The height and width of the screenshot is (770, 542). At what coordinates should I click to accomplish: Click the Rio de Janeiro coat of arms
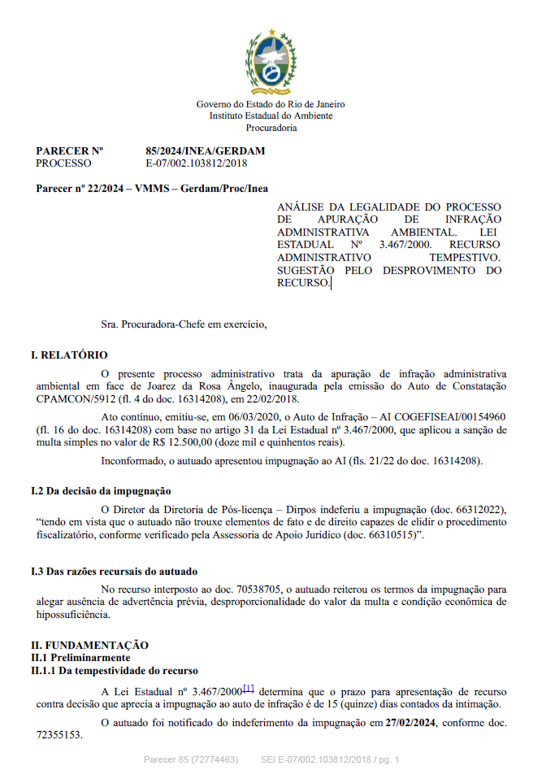tap(271, 62)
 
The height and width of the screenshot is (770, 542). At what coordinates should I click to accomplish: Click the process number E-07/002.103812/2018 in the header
tap(196, 163)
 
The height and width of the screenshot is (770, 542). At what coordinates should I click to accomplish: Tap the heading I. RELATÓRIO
tap(69, 355)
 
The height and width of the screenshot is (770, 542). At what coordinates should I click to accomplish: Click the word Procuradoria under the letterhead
tap(271, 128)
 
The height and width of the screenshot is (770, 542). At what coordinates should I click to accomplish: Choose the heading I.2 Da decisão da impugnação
tap(101, 491)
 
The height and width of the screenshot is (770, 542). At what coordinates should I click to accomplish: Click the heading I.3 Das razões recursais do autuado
tap(114, 572)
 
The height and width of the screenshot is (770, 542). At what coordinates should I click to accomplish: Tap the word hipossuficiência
tap(73, 615)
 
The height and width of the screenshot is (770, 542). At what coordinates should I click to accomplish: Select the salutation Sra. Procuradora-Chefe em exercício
tap(184, 324)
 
